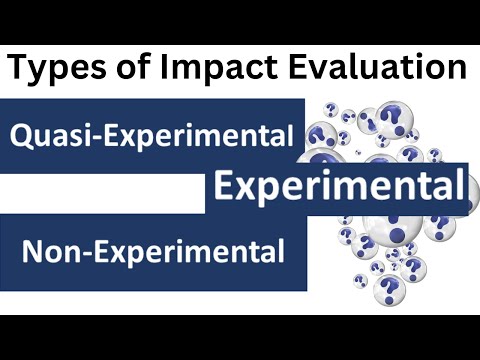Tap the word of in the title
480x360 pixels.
pos(130,69)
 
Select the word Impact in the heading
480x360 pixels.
pos(206,69)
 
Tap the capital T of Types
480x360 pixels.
pos(21,69)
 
